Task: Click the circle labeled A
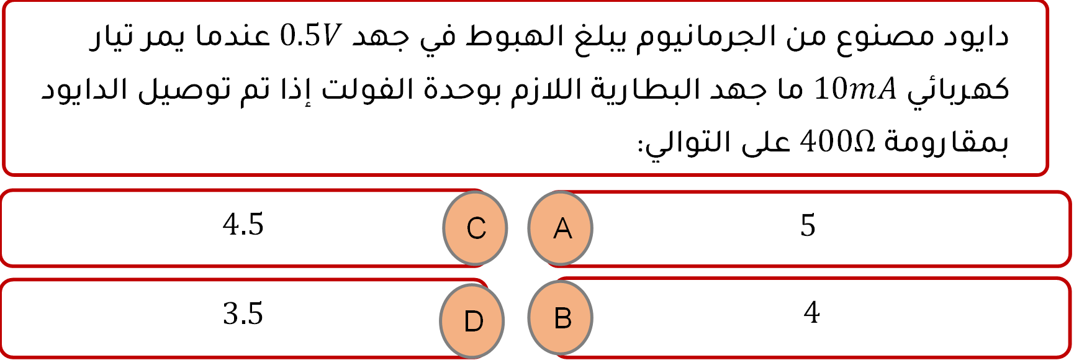(561, 228)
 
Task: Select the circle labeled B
(561, 318)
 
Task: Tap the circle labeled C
(476, 228)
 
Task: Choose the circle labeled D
(472, 321)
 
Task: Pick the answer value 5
(808, 225)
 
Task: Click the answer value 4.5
(243, 225)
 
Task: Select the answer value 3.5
(243, 314)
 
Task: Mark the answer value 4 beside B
(811, 312)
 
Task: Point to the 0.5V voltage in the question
(310, 36)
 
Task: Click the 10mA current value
(855, 89)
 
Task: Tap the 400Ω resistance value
(837, 142)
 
